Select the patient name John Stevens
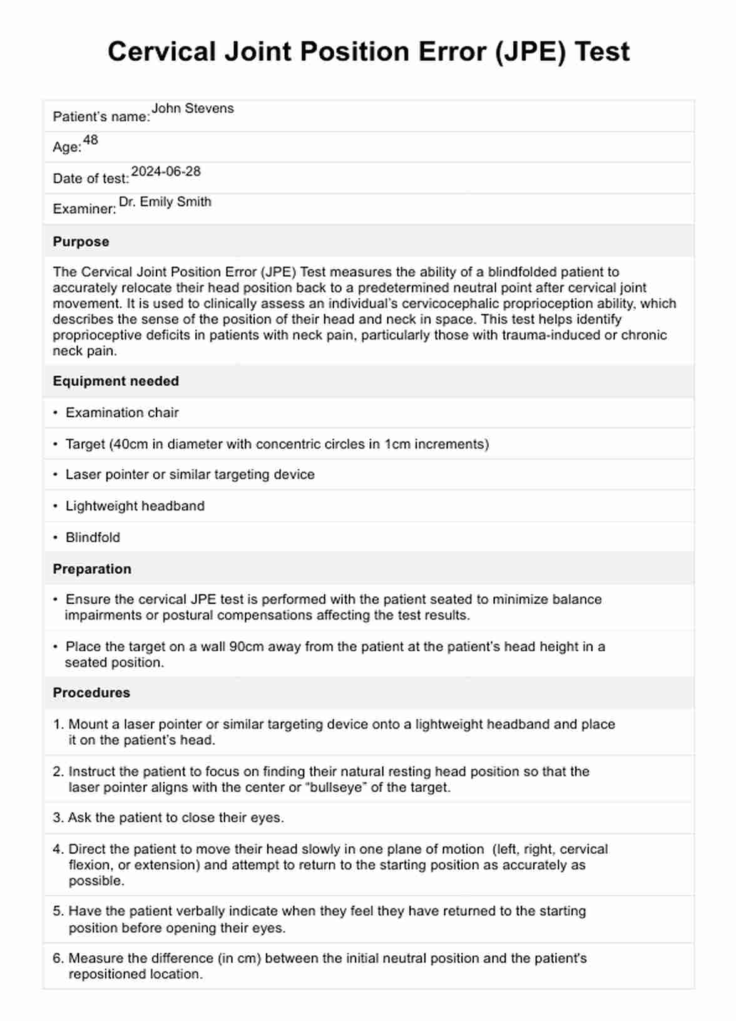coord(193,108)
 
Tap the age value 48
coord(91,140)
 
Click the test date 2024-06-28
coord(166,171)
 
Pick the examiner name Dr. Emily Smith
coord(165,202)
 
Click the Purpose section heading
coord(81,242)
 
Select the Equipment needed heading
coord(116,381)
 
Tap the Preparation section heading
coord(92,569)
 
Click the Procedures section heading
coord(91,693)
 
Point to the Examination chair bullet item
coord(122,413)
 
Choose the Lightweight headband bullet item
coord(135,506)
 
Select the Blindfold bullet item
coord(93,537)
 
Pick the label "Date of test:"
coord(91,179)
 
